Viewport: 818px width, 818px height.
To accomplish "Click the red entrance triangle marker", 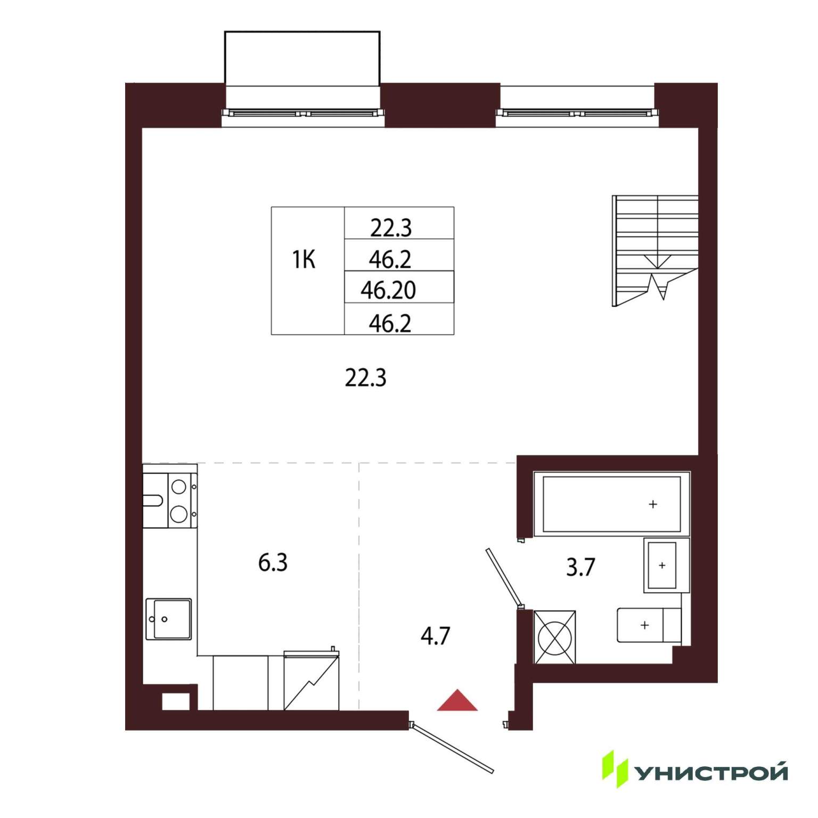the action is [457, 701].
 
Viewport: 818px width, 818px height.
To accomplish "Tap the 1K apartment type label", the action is [304, 259].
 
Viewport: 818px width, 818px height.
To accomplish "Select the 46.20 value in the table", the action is [388, 290].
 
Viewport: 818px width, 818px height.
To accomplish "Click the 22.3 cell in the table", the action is [391, 228].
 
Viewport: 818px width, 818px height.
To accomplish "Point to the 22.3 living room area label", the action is [365, 378].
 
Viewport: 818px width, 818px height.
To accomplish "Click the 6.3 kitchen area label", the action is [273, 562].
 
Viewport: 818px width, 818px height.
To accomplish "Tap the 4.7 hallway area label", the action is [435, 636].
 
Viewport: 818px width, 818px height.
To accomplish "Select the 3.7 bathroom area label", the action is [580, 567].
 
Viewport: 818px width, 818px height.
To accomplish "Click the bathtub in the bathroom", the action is [612, 503].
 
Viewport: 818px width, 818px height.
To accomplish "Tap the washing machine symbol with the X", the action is [555, 637].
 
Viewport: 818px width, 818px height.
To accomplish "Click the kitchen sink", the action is [168, 619].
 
